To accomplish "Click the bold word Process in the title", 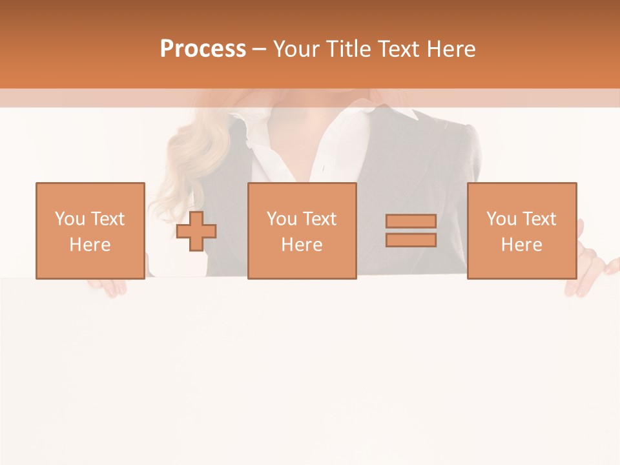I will point(203,49).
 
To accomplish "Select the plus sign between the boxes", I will point(196,231).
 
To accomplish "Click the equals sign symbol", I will point(411,231).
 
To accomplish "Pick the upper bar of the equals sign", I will point(411,221).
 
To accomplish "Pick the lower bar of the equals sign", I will point(411,240).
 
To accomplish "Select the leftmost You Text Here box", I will point(90,231).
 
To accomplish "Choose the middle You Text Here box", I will point(302,231).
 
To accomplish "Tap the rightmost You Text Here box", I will point(522,231).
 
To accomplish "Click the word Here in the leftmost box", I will point(90,245).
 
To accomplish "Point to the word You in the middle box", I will point(282,219).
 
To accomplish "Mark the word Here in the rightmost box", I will point(522,245).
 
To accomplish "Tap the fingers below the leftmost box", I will point(107,287).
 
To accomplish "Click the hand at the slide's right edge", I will point(591,271).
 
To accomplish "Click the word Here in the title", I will point(450,49).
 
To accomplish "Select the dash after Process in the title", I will point(259,49).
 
